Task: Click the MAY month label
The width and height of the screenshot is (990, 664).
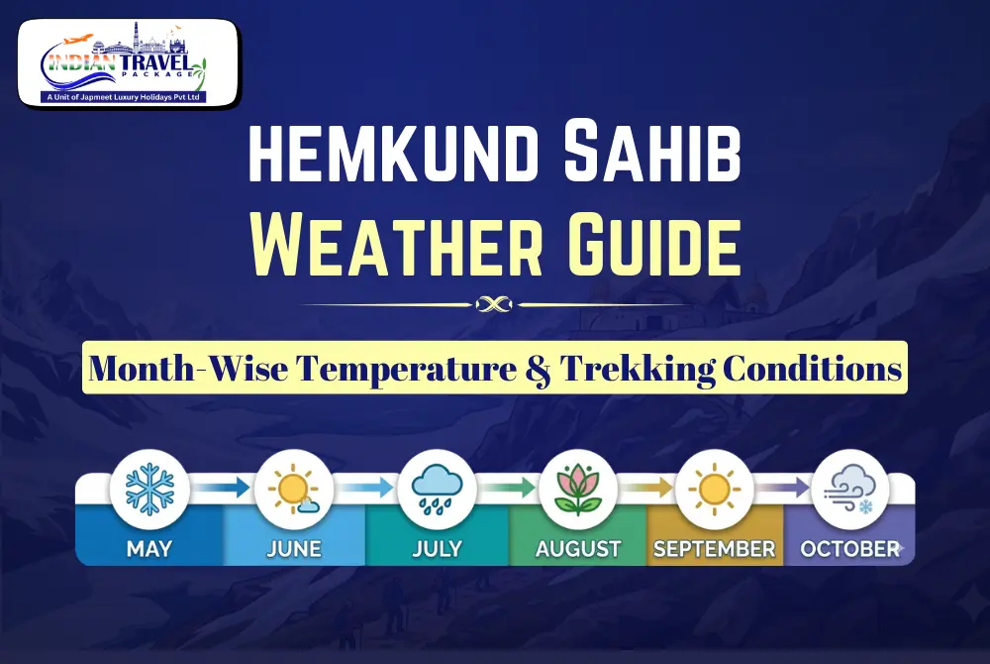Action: coord(148,547)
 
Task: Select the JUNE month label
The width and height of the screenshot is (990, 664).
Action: coord(294,547)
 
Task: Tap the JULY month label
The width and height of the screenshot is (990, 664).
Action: coord(438,547)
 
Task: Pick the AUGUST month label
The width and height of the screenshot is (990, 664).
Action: coord(578,547)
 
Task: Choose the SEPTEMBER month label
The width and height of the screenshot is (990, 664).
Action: coord(714,547)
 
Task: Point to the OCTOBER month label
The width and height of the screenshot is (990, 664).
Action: coord(849,547)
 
